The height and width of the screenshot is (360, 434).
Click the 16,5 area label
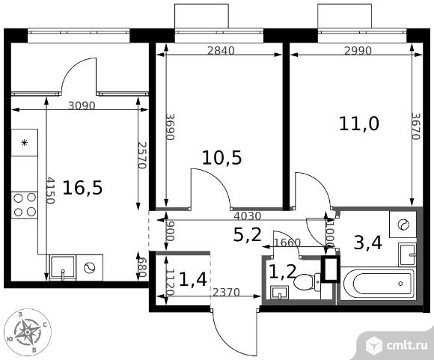pyautogui.click(x=82, y=188)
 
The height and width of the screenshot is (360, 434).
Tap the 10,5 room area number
pyautogui.click(x=222, y=158)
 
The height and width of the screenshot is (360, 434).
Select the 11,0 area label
pyautogui.click(x=359, y=123)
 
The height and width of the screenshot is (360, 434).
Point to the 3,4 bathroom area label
pyautogui.click(x=368, y=242)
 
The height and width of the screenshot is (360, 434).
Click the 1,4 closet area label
pyautogui.click(x=193, y=279)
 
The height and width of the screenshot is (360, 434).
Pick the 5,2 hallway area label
pyautogui.click(x=248, y=235)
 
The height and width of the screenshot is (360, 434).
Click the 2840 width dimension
pyautogui.click(x=221, y=51)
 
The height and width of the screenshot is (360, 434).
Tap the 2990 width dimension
pyautogui.click(x=358, y=51)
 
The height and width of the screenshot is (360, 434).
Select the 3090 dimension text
pyautogui.click(x=82, y=106)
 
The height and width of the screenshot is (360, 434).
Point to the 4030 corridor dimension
pyautogui.click(x=248, y=216)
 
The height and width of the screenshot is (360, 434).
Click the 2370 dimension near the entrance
pyautogui.click(x=226, y=292)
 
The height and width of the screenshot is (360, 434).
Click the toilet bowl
pyautogui.click(x=306, y=282)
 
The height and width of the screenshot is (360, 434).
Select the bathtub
pyautogui.click(x=379, y=284)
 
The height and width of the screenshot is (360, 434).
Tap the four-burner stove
pyautogui.click(x=25, y=205)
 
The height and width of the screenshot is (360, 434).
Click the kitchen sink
pyautogui.click(x=63, y=268)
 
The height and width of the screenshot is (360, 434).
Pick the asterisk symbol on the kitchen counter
pyautogui.click(x=25, y=143)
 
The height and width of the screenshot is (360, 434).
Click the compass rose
pyautogui.click(x=28, y=332)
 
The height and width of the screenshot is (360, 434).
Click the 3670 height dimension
pyautogui.click(x=416, y=126)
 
